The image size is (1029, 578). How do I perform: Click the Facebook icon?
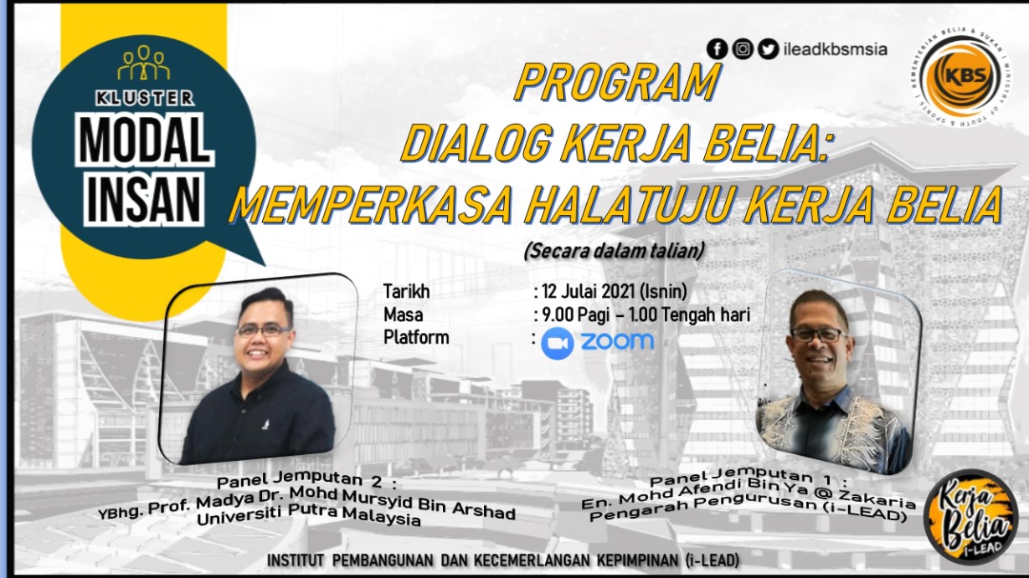click(x=717, y=49)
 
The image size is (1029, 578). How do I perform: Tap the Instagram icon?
click(x=742, y=49)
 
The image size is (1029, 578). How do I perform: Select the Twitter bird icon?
click(x=768, y=49)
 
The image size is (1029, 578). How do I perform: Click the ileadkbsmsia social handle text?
click(x=836, y=50)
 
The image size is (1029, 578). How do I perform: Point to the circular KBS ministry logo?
click(x=962, y=76)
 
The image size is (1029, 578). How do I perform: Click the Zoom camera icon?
click(x=557, y=343)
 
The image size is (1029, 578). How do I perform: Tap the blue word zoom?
click(x=616, y=341)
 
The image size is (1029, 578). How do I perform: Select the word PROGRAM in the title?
click(x=617, y=82)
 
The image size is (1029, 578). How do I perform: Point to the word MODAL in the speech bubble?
click(x=145, y=141)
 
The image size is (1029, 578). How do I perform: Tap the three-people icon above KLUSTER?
click(x=144, y=63)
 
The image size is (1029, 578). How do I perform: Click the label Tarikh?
click(x=406, y=291)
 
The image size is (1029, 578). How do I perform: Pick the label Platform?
click(x=416, y=337)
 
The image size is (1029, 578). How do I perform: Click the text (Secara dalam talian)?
click(x=615, y=250)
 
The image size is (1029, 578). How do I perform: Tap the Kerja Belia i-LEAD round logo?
click(x=971, y=516)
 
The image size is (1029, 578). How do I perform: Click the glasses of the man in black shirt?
click(x=264, y=330)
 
